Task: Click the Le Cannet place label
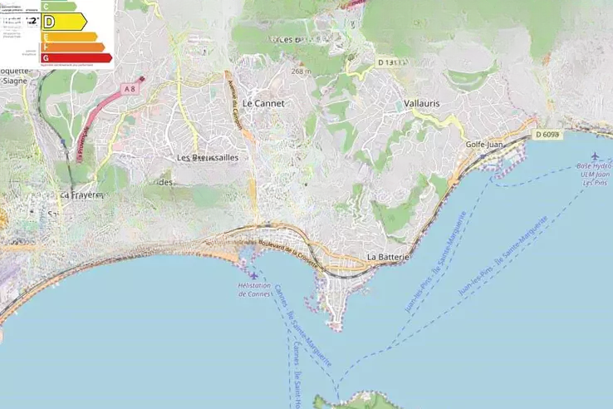(263, 104)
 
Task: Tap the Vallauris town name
(421, 103)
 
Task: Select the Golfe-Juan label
(485, 145)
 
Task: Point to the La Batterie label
(389, 258)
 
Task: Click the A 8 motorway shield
(129, 88)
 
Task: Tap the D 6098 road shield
(547, 135)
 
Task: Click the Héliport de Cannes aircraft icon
(253, 274)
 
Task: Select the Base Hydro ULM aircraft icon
(595, 155)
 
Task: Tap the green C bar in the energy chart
(59, 6)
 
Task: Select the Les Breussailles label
(207, 157)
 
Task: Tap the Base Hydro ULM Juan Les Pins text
(594, 174)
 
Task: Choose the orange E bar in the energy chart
(70, 37)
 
